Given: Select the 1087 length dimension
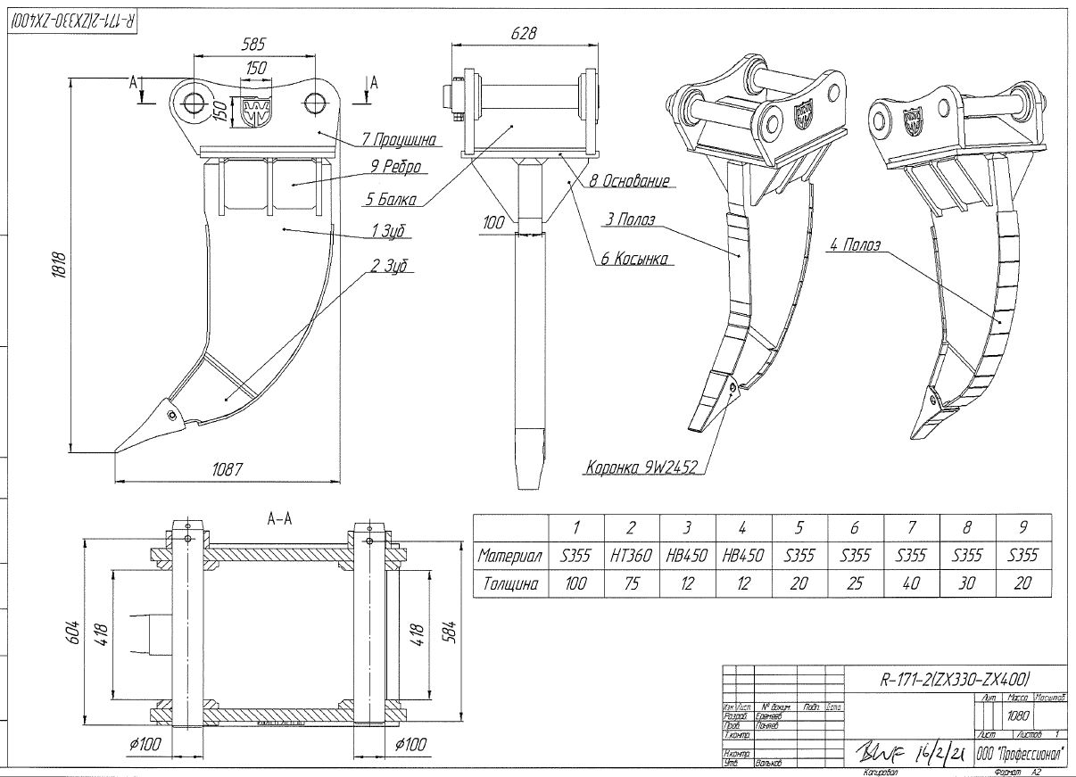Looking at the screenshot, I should [x=228, y=468].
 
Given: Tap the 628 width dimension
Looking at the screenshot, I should [x=526, y=33].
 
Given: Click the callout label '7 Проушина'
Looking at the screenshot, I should [x=398, y=139].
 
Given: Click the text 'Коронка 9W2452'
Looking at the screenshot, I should [x=641, y=467].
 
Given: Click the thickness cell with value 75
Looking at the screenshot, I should [x=632, y=584].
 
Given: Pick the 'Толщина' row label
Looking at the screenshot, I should [x=510, y=584].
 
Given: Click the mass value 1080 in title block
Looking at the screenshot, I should [x=1016, y=715].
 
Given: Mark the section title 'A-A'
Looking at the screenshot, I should [x=280, y=517].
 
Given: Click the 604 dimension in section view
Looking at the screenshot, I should [x=74, y=632].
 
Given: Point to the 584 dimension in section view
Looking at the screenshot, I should [x=450, y=630].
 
